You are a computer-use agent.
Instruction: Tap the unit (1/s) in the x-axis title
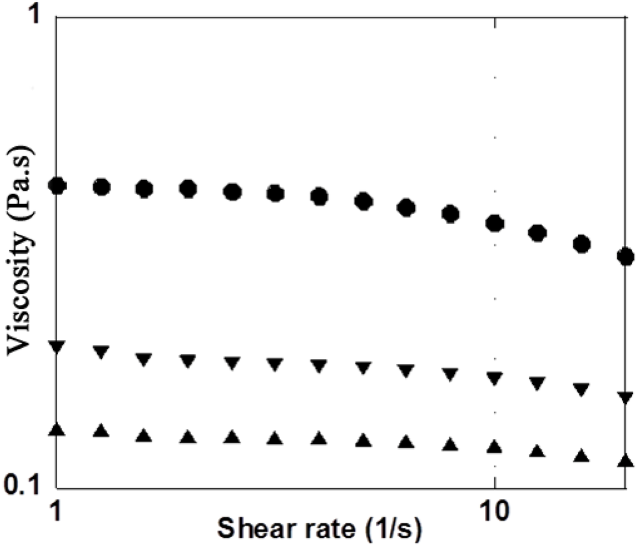[392, 528]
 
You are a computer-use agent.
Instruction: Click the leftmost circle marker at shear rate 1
[57, 186]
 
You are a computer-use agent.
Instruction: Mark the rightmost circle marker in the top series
[625, 256]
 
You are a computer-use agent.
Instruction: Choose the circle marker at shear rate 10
[495, 223]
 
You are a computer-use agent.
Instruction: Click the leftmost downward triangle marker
[57, 347]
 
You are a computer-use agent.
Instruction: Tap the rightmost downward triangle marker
[625, 398]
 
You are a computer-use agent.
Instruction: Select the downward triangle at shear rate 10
[495, 378]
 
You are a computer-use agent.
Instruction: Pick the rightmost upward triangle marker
[625, 460]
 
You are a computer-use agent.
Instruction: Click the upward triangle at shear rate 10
[495, 446]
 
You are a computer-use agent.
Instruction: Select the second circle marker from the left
[101, 187]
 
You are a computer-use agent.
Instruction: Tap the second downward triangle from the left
[101, 352]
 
